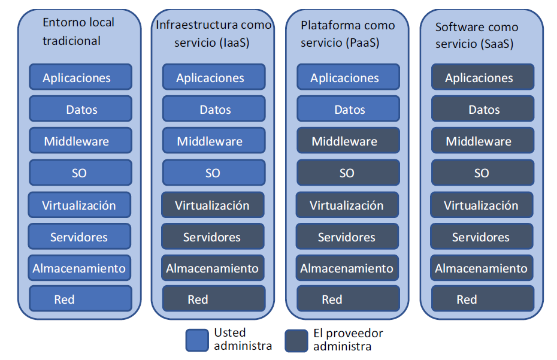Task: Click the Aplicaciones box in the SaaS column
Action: (x=482, y=77)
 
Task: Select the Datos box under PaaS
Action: (x=348, y=109)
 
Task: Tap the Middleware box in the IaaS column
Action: (x=213, y=141)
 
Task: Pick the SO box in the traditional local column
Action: (x=80, y=173)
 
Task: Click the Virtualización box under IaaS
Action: (x=213, y=205)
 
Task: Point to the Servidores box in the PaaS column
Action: (x=347, y=237)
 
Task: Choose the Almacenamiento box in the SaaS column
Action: (x=482, y=268)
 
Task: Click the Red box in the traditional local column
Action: (x=80, y=299)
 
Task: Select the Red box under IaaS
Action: (x=213, y=299)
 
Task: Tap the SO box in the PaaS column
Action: (x=348, y=173)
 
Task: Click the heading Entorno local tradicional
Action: (x=78, y=32)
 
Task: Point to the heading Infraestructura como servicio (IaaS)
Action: (x=213, y=34)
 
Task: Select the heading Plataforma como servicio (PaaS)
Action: (x=347, y=34)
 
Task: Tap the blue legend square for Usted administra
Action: (x=196, y=340)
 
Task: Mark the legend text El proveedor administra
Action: (x=348, y=340)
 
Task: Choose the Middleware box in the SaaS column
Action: (x=482, y=141)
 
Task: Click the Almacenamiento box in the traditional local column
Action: (x=79, y=268)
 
